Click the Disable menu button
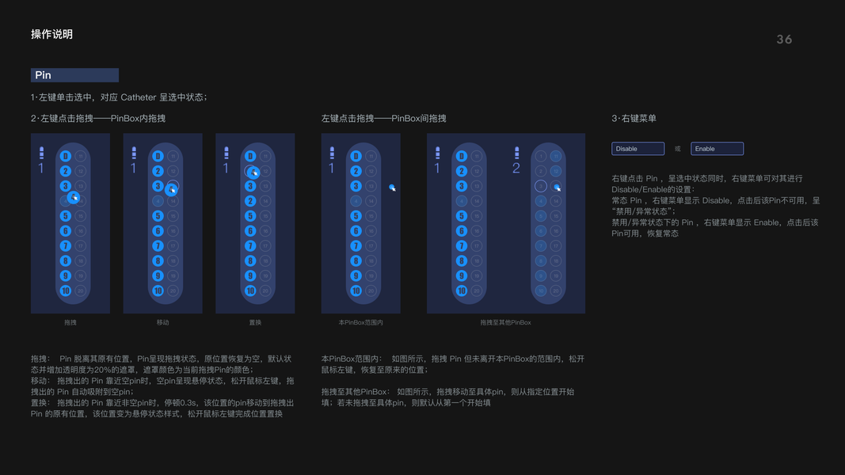coord(638,149)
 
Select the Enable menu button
coord(717,149)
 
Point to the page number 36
coord(784,40)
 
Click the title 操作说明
coord(51,34)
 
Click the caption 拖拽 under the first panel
coord(70,322)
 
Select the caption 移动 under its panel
coord(162,322)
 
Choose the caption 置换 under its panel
coord(255,322)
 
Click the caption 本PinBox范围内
coord(360,322)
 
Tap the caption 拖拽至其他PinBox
coord(505,322)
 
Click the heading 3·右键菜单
coord(634,119)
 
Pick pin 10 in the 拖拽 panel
coord(66,291)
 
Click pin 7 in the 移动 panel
coord(158,245)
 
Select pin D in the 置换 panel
coord(250,157)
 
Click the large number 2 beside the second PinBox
coord(516,168)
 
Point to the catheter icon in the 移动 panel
coord(134,152)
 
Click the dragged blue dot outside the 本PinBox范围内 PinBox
coord(391,187)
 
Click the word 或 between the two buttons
coord(677,149)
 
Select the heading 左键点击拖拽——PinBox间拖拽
coord(383,119)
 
